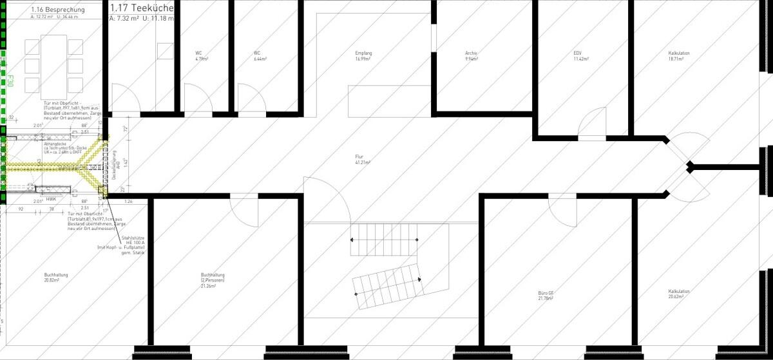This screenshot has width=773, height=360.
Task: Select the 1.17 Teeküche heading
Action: click(142, 8)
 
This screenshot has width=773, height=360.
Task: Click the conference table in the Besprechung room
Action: click(53, 65)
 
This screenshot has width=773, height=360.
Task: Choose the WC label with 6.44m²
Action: click(258, 56)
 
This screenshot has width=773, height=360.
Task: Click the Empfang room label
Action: click(364, 56)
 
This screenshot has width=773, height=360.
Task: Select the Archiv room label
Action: click(472, 56)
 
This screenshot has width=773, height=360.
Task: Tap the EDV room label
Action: click(578, 56)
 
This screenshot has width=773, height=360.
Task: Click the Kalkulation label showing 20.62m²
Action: click(679, 294)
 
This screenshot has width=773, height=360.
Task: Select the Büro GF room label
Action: click(546, 296)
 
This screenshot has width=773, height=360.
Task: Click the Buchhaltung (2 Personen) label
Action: click(213, 278)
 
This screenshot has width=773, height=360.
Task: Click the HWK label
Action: click(52, 199)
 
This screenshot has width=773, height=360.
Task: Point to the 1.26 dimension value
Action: click(128, 202)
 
